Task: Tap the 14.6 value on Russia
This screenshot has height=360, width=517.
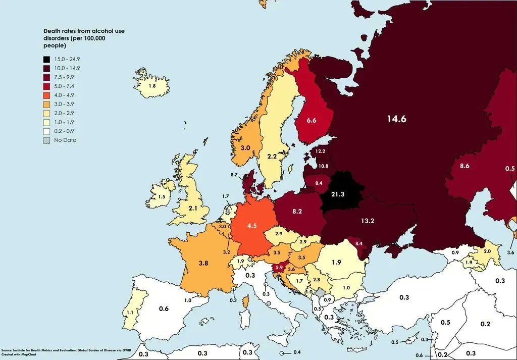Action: coord(396,119)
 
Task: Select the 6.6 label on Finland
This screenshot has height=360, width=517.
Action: coord(312,121)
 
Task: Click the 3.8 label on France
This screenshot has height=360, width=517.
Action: coord(203,263)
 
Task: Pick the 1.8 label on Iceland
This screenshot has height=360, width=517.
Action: coord(151,86)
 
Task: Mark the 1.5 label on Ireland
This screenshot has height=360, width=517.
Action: coord(162,197)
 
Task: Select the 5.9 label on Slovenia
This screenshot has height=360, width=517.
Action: coord(279,268)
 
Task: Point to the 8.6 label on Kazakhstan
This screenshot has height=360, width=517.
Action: coord(465,166)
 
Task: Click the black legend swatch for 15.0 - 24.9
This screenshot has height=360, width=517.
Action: coord(47,60)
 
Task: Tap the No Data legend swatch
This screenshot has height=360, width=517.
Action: coord(47,140)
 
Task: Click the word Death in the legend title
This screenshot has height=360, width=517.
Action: coord(51,31)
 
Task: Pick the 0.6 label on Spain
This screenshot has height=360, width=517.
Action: coord(164,308)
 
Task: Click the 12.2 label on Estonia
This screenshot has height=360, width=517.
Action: coord(320,151)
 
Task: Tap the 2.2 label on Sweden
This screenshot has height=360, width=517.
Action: coord(272,157)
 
